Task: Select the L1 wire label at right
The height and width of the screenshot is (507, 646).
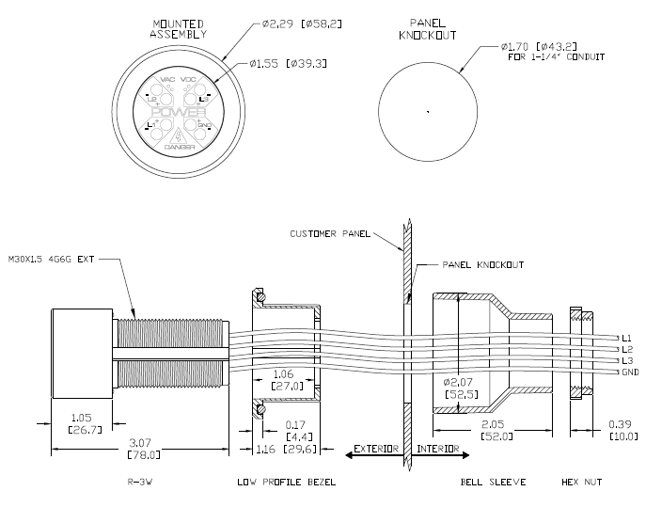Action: coord(625,337)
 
